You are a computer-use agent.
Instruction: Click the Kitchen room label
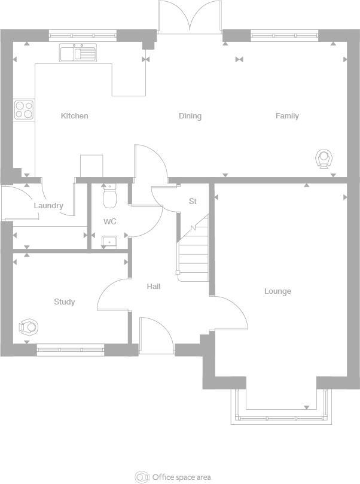(75, 116)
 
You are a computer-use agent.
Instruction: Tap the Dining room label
(190, 116)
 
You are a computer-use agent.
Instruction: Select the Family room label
(287, 116)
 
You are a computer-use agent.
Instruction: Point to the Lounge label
(278, 291)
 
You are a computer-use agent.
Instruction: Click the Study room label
(65, 302)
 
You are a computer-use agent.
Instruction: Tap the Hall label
(154, 287)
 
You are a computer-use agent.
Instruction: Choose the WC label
(109, 221)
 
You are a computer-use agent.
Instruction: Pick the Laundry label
(48, 206)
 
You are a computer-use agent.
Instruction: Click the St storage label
(193, 202)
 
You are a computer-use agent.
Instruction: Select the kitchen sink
(78, 53)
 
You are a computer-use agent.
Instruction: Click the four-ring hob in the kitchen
(24, 110)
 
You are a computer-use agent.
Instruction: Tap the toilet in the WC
(109, 196)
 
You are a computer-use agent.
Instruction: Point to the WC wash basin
(109, 242)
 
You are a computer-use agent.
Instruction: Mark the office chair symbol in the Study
(28, 327)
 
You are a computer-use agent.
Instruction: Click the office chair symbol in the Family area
(324, 159)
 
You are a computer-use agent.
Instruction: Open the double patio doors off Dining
(190, 17)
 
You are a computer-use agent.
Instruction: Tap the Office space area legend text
(181, 477)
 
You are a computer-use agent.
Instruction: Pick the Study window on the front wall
(71, 350)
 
